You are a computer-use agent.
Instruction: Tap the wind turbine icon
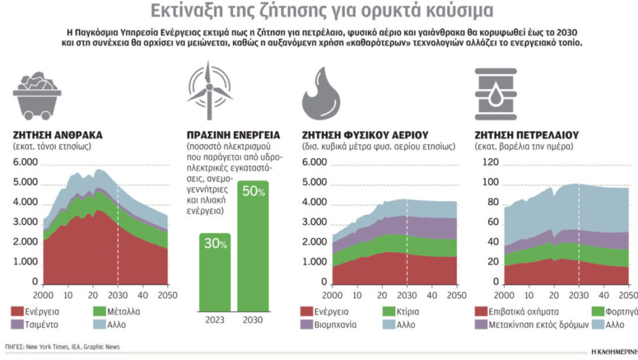click(210, 89)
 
